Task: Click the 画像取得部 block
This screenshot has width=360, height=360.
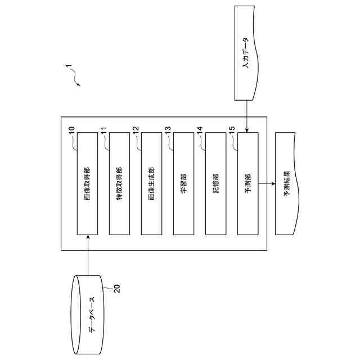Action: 87,183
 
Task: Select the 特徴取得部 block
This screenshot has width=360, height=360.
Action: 119,183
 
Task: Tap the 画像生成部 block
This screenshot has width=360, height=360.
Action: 151,183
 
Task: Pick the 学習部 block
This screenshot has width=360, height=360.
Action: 183,183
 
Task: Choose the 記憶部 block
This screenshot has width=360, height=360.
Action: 215,183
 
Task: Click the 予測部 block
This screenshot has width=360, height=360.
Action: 247,183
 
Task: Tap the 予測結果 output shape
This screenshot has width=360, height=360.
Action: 286,183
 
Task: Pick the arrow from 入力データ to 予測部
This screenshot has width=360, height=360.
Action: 247,115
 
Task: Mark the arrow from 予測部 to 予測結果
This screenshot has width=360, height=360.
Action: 266,183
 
